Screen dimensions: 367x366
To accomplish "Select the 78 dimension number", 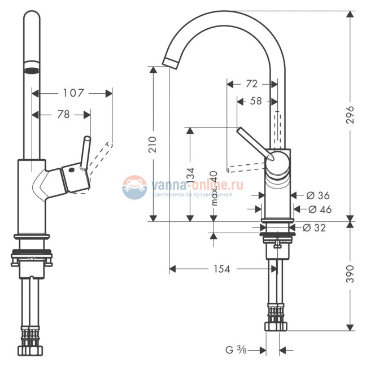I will pyautogui.click(x=63, y=114).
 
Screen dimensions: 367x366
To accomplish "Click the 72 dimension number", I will pyautogui.click(x=252, y=84).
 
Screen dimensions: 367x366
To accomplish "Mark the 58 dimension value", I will pyautogui.click(x=256, y=101).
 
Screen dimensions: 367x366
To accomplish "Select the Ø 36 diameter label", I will pyautogui.click(x=317, y=195).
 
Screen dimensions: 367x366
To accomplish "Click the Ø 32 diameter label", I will pyautogui.click(x=314, y=228).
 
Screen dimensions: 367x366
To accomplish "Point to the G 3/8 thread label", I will pyautogui.click(x=236, y=350).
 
